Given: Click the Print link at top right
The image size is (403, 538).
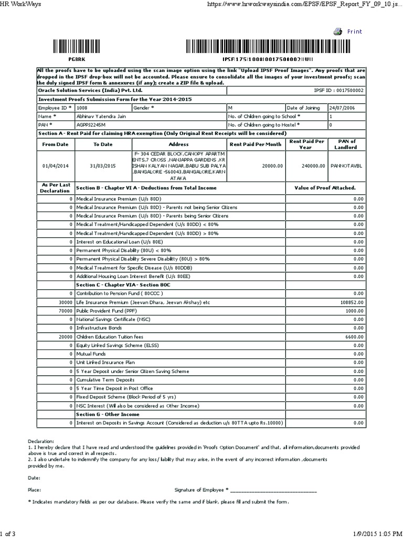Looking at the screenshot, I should (355, 32).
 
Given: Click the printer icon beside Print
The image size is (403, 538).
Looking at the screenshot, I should (338, 32).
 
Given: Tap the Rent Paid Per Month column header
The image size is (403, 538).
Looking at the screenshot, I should (256, 143).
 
